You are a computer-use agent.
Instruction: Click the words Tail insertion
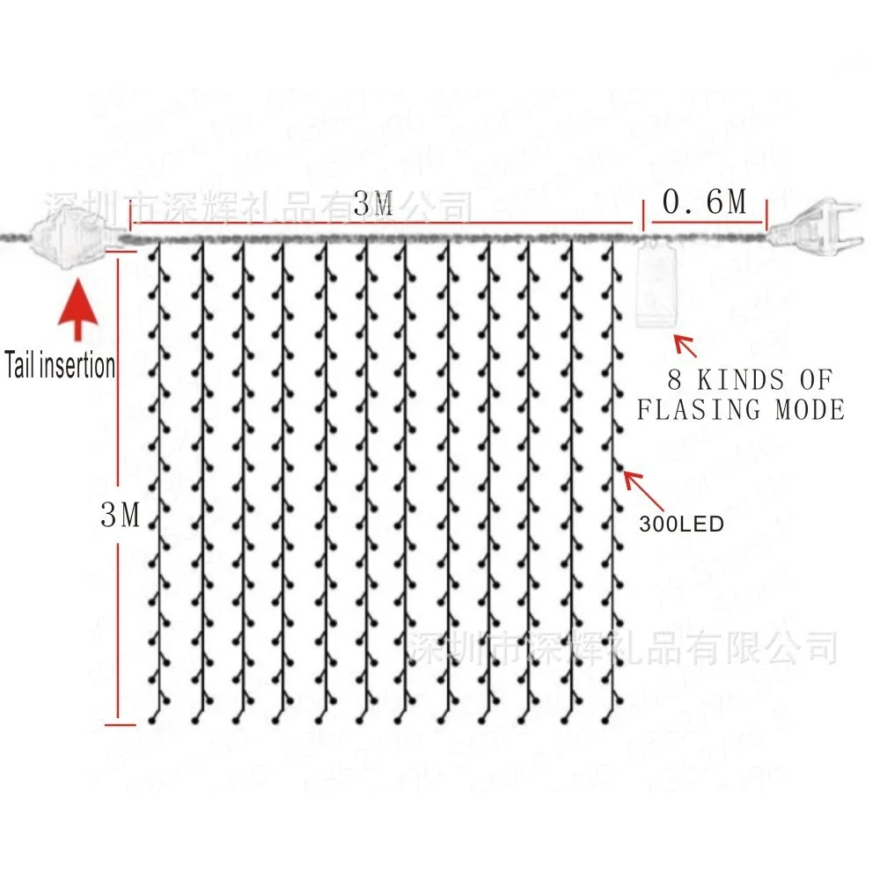point(60,364)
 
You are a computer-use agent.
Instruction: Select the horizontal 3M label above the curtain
point(373,206)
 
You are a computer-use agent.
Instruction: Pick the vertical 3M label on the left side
point(121,516)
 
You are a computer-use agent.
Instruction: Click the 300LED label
point(682,524)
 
